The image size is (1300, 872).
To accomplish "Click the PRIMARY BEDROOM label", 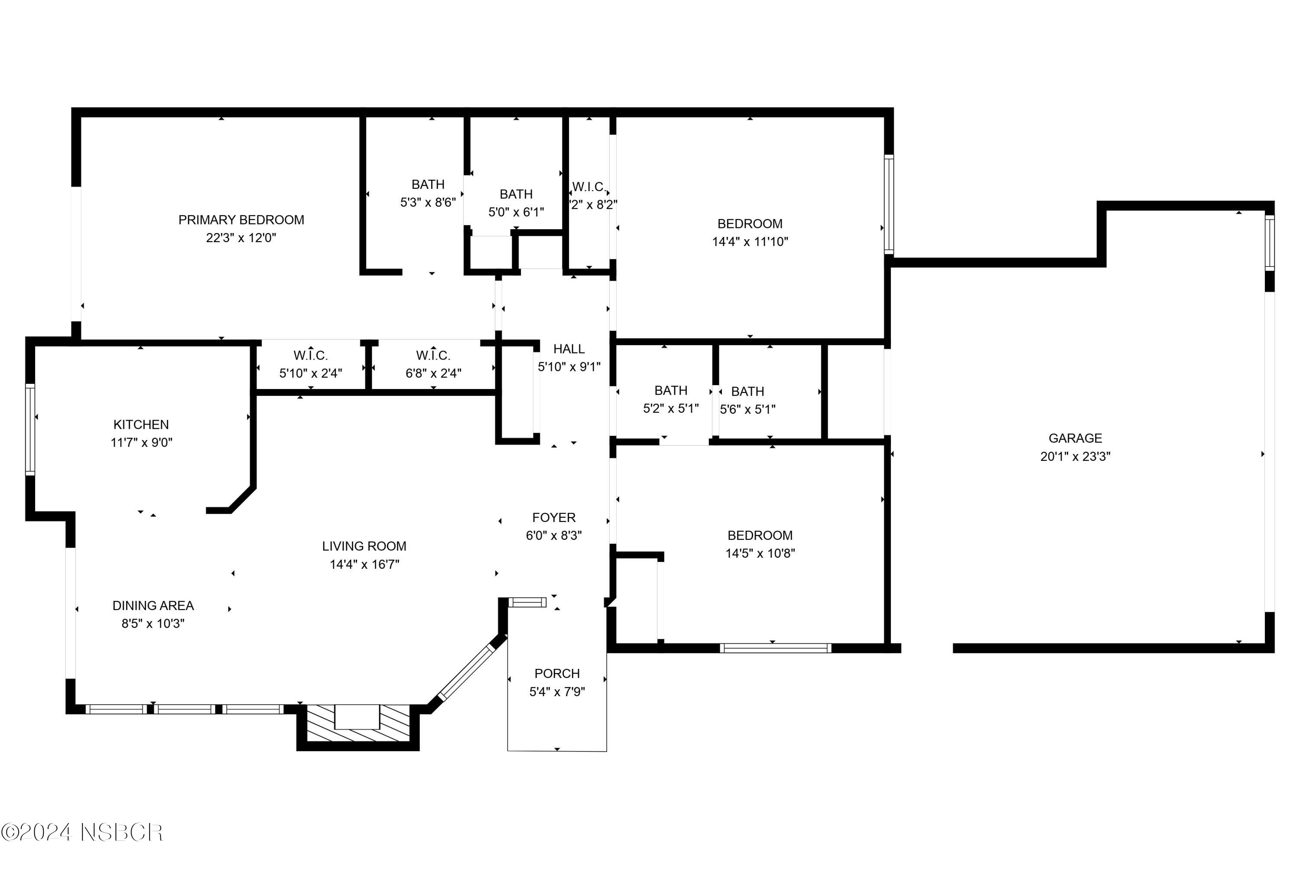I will click(241, 220).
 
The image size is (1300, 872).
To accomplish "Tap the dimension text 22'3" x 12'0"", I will click(241, 238).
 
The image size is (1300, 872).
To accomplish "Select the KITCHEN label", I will click(141, 425).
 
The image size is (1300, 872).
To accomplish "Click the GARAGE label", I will click(1075, 438).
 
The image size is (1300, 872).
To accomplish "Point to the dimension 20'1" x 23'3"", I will click(1075, 457).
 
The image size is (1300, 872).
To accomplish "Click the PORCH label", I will click(557, 674).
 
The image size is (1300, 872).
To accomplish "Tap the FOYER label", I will click(553, 517).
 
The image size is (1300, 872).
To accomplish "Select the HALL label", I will click(569, 349).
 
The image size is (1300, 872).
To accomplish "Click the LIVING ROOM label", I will click(364, 546).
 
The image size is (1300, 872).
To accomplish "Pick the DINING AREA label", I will click(153, 606).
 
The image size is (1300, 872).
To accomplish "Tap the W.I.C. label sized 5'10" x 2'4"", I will click(310, 355).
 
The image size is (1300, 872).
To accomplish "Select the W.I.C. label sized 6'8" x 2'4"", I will click(433, 355).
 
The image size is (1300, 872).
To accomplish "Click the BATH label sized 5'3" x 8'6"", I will click(428, 184).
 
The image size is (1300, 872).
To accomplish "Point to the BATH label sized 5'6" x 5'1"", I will click(747, 392).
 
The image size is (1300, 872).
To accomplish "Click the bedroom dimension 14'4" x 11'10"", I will click(750, 242).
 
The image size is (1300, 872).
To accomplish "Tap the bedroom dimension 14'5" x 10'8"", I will click(760, 553).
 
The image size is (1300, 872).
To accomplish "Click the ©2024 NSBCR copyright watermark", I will click(82, 833).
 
